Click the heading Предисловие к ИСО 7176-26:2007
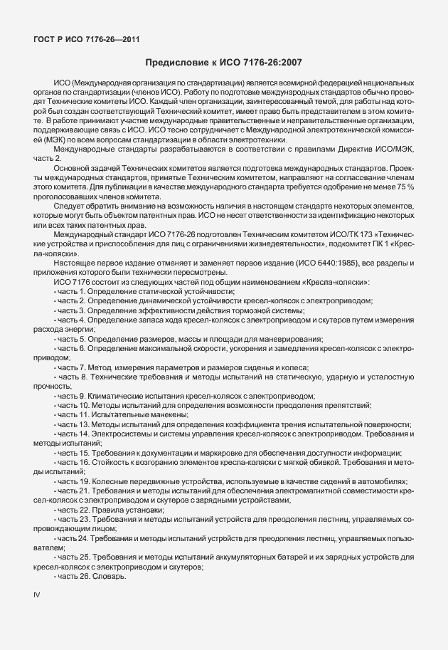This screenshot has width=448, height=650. tap(224, 63)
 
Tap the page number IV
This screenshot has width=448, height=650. tap(38, 593)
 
